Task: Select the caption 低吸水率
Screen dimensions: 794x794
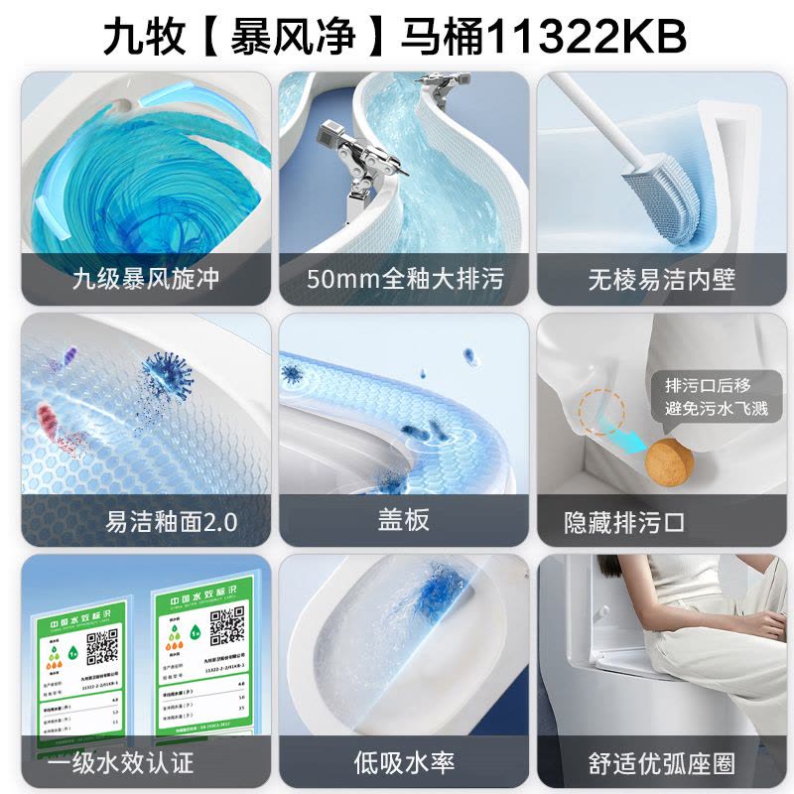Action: pyautogui.click(x=404, y=762)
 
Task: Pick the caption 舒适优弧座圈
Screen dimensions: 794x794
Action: pyautogui.click(x=662, y=762)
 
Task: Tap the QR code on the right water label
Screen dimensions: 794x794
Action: pyautogui.click(x=228, y=625)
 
